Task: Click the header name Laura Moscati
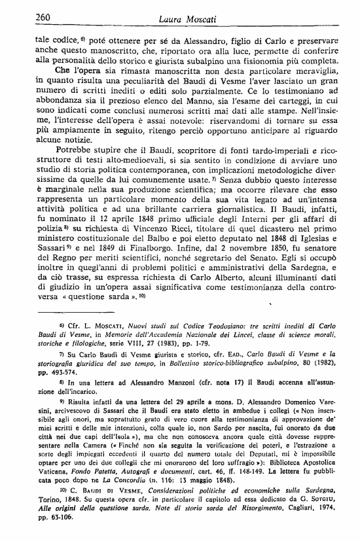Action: pos(186,19)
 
